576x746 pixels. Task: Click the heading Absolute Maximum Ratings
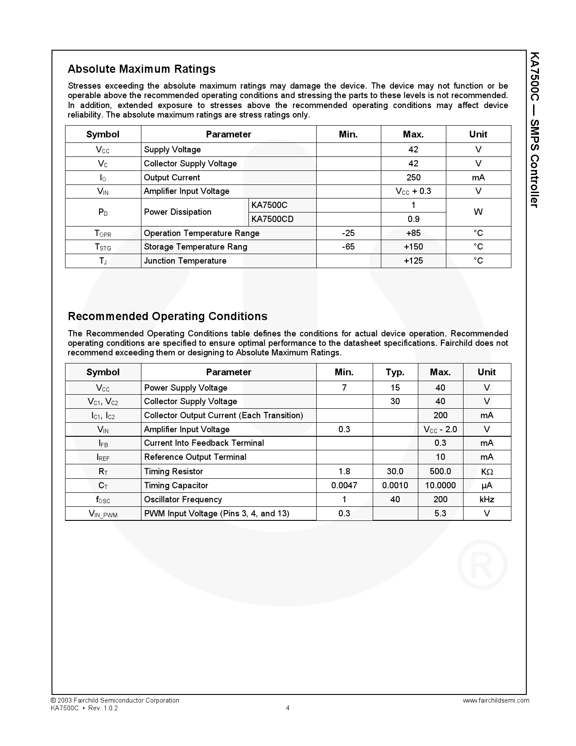tap(141, 69)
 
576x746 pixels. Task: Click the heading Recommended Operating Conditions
tap(167, 316)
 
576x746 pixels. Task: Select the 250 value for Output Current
tap(413, 178)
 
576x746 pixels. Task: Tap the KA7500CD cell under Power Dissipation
tap(272, 219)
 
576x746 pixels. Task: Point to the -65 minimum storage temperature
tap(348, 247)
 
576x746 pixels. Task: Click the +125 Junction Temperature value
tap(413, 261)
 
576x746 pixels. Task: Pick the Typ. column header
tap(395, 372)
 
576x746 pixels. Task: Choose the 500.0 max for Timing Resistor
tap(440, 472)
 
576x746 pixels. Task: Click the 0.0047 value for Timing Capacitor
tap(344, 486)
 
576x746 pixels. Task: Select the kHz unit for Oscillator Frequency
tap(487, 500)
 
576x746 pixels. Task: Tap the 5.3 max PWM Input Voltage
tap(440, 514)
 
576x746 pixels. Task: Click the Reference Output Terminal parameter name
tap(195, 457)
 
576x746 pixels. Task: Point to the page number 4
tap(288, 708)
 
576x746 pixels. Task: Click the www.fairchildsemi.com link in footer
tap(496, 700)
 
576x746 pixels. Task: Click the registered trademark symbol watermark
tap(482, 564)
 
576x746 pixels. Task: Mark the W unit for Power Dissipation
tap(478, 212)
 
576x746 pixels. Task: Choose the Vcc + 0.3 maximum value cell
tap(413, 191)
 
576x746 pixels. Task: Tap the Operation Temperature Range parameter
tap(201, 233)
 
